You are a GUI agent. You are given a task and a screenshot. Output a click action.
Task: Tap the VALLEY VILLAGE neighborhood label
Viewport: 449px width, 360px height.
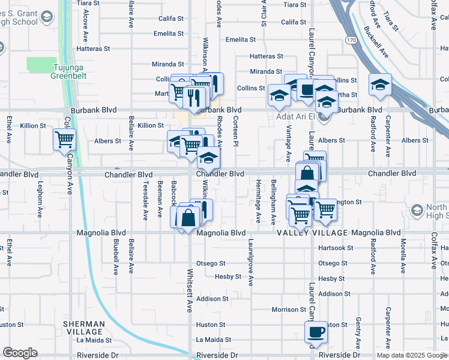312,233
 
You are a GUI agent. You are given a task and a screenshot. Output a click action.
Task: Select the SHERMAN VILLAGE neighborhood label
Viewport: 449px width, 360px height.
84,328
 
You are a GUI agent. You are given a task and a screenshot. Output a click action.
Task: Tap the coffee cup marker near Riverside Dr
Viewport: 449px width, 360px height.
315,332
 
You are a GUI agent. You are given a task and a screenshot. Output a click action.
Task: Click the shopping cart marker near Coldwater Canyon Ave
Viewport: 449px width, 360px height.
64,140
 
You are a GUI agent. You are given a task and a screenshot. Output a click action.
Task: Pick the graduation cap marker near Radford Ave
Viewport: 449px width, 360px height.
379,85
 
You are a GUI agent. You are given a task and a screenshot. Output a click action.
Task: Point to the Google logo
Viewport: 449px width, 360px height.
20,353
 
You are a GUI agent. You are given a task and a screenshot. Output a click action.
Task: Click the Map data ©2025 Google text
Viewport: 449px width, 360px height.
412,355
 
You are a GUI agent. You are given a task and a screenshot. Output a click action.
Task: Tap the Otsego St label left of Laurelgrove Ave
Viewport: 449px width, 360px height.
214,263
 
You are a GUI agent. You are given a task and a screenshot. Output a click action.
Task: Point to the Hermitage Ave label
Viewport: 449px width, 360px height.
259,202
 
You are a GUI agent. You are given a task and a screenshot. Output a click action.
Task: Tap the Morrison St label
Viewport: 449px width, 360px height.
289,310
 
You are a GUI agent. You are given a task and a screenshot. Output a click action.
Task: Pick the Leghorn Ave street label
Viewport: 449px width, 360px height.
40,199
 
